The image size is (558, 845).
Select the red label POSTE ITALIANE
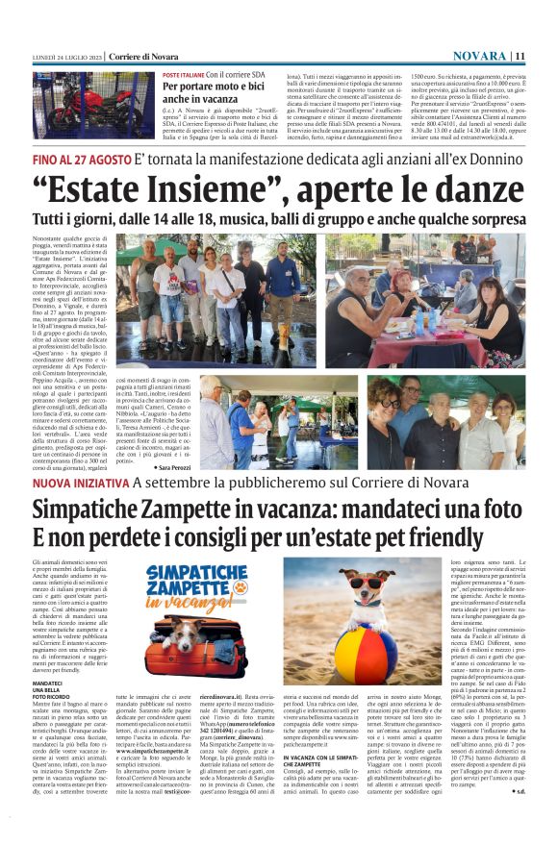(183, 74)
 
